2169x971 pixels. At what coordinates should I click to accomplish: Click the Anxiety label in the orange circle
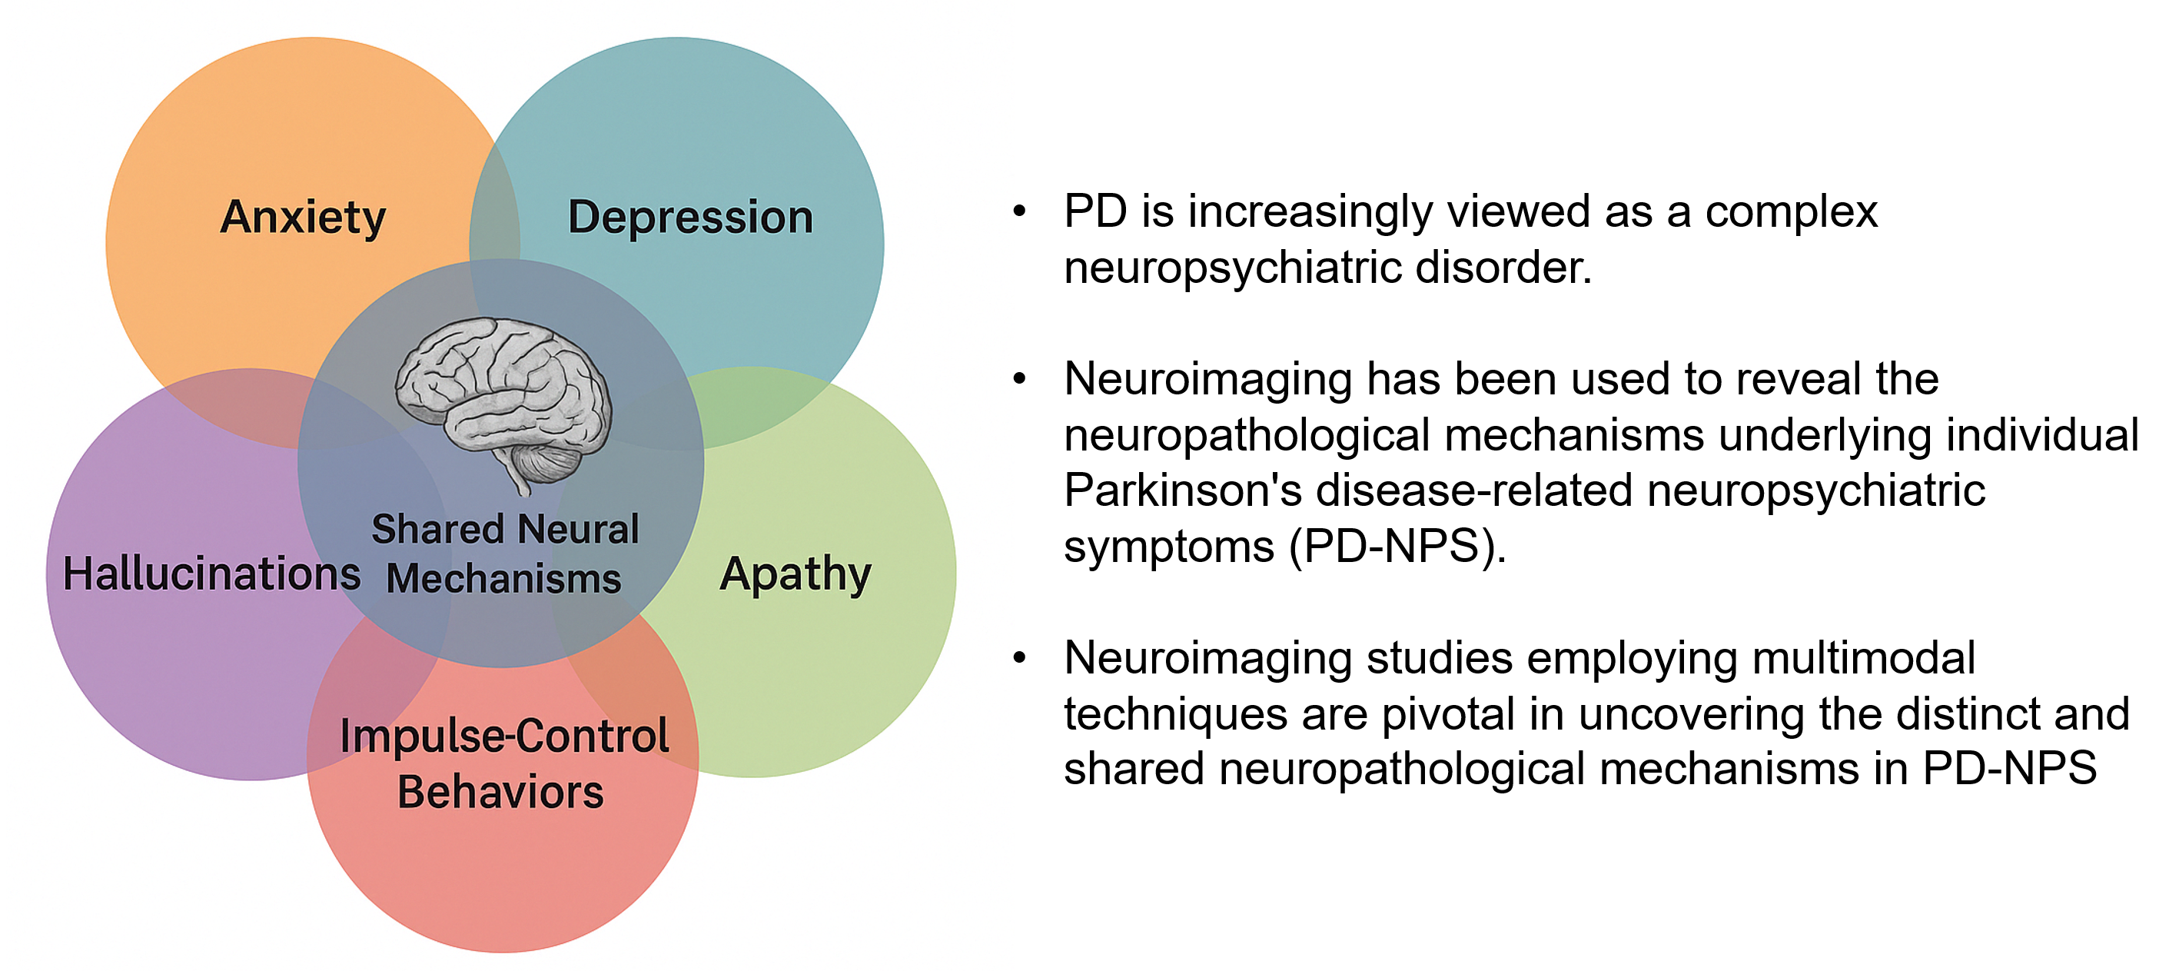point(303,218)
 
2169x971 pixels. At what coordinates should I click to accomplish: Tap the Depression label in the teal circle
point(690,218)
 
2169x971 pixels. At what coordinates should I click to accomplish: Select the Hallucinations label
point(212,574)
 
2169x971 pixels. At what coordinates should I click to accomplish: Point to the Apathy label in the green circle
point(796,575)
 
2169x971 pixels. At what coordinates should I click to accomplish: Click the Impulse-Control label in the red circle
point(504,736)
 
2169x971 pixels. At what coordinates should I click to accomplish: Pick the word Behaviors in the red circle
point(501,793)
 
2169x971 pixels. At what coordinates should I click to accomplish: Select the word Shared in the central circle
point(438,530)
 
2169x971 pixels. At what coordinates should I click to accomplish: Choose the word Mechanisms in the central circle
point(503,580)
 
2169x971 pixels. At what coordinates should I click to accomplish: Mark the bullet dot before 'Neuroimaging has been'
point(1020,379)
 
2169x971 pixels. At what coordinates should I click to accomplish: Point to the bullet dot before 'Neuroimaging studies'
point(1020,658)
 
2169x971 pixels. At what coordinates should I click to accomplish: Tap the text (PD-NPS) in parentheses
point(1398,547)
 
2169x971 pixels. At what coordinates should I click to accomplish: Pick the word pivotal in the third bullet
point(1448,715)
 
